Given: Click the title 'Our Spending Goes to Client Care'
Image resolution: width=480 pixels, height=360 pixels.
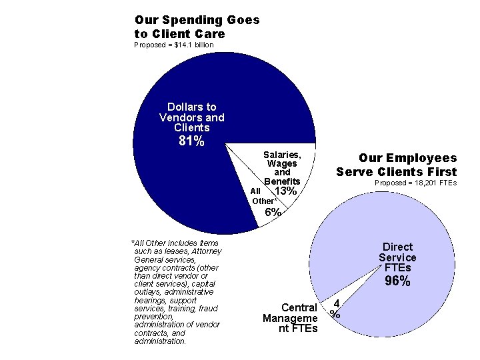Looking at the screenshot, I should click(x=197, y=27).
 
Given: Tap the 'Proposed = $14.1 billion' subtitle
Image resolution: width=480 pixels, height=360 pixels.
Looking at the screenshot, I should click(x=174, y=45).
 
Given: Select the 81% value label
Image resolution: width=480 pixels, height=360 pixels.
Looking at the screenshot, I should click(x=192, y=141).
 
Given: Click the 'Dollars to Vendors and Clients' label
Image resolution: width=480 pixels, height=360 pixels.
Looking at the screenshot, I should click(x=192, y=117).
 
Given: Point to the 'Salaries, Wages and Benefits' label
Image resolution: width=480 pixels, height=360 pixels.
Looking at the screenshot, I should click(x=282, y=167).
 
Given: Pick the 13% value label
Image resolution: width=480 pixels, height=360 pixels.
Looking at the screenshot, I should click(x=285, y=192).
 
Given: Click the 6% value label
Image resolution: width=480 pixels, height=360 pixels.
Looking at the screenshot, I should click(x=272, y=213).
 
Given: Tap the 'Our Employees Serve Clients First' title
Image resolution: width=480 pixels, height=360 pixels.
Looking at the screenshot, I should click(x=397, y=165).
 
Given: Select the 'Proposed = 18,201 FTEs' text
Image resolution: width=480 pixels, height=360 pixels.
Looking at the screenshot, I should click(x=415, y=183).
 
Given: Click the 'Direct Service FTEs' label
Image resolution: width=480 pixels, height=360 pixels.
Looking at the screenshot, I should click(x=397, y=257).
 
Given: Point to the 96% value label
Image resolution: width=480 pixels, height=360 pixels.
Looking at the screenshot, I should click(x=397, y=281).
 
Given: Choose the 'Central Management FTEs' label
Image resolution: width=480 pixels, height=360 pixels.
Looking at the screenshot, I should click(x=290, y=318).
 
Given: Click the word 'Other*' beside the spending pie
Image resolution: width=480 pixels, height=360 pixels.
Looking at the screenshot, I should click(x=264, y=201).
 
